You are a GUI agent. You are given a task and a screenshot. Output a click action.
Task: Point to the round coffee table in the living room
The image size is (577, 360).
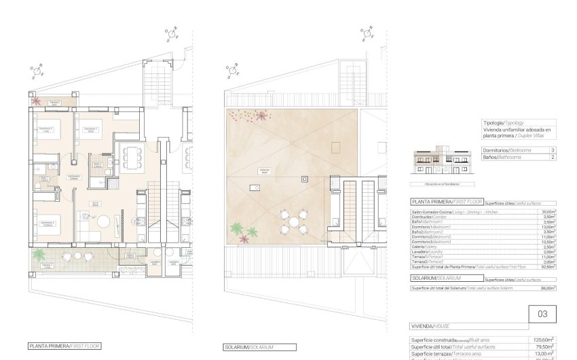tap(103, 221)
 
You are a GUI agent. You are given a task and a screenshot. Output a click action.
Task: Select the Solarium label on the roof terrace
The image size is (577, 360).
tap(265, 171)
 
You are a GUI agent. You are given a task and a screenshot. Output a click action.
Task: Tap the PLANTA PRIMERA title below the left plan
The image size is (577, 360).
tap(64, 346)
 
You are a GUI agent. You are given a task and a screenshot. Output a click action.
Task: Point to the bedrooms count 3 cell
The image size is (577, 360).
tap(553, 149)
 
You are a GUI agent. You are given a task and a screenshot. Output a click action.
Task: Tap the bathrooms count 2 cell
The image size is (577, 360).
tap(553, 157)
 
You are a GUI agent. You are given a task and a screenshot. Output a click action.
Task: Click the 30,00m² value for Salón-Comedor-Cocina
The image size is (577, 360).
tap(548, 212)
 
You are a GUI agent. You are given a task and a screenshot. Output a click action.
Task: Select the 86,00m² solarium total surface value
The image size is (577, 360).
tap(548, 288)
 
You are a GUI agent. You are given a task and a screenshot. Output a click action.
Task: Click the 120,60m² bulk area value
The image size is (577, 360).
tap(544, 339)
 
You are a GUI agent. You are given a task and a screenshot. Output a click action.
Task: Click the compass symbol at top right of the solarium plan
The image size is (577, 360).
tap(367, 32)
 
